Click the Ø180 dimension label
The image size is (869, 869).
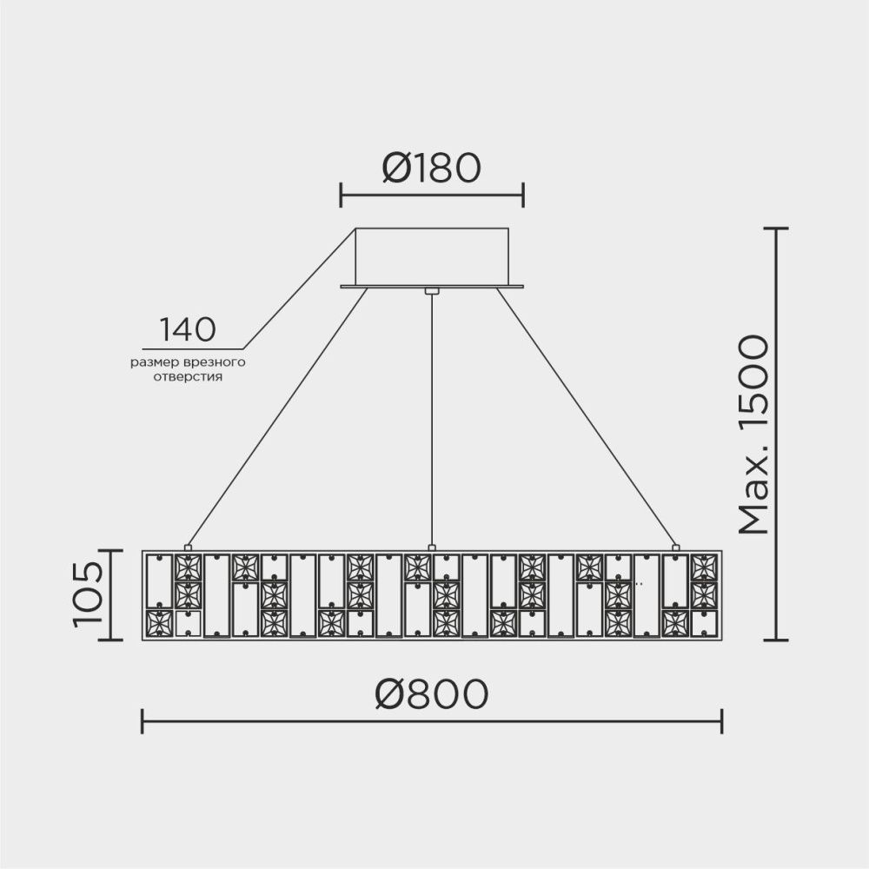click(431, 169)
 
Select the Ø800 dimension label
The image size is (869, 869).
click(431, 693)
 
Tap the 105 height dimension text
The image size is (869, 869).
click(88, 594)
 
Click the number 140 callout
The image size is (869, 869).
click(187, 330)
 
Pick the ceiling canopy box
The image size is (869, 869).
click(431, 255)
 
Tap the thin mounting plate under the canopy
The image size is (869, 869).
click(431, 286)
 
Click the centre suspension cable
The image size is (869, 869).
click(431, 417)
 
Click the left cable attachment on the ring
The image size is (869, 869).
click(187, 547)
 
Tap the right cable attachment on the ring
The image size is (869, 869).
click(675, 547)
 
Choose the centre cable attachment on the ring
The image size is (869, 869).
click(431, 547)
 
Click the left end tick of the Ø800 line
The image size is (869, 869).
click(142, 720)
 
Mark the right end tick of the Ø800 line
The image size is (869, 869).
click(721, 720)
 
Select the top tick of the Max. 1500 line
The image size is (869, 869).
click(775, 229)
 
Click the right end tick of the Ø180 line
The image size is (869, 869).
click(523, 196)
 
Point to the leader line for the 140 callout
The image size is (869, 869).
click(295, 287)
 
